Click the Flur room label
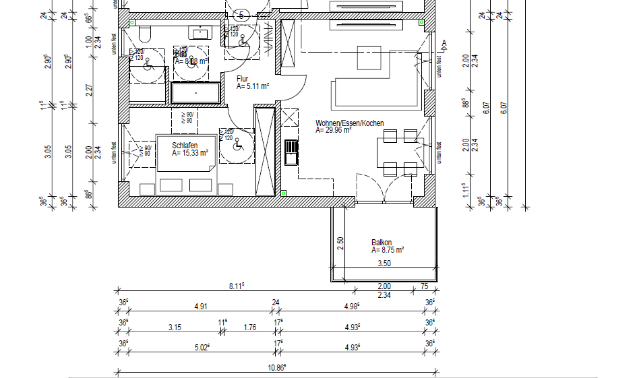242,79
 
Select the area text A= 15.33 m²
189,153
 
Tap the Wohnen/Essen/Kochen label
349,123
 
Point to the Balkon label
382,243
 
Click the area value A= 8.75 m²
388,250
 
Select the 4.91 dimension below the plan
200,307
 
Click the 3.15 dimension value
174,328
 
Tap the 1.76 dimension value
249,328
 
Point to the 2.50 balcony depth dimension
340,243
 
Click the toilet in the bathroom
145,34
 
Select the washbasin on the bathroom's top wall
200,32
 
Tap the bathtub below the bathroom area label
195,92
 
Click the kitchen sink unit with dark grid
291,152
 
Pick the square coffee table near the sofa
368,57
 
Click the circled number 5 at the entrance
241,15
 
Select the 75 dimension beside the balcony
423,286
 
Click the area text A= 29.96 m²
334,131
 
